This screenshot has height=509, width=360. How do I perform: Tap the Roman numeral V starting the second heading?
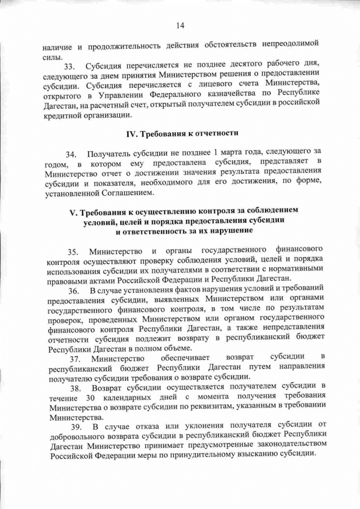tap(71, 211)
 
